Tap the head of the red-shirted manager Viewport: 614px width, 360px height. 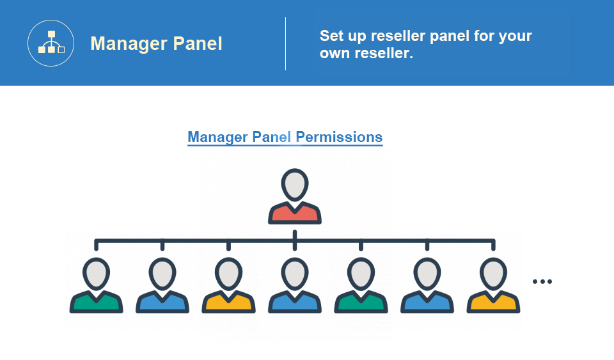(x=295, y=185)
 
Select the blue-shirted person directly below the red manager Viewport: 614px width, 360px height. (x=295, y=285)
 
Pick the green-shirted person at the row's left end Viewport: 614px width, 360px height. (x=97, y=285)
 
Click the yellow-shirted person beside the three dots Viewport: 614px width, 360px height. (x=493, y=285)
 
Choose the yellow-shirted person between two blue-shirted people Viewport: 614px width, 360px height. (x=229, y=285)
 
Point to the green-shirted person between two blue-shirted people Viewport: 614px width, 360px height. (x=361, y=285)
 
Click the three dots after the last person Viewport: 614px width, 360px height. (x=542, y=281)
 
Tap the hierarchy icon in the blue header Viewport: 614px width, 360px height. (x=51, y=43)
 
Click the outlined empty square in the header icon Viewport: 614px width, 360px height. (x=61, y=50)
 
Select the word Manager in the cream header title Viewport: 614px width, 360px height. (x=129, y=44)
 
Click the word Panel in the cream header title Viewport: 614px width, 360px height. (x=198, y=43)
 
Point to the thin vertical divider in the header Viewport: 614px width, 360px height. (x=285, y=44)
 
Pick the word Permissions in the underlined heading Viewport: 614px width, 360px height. (x=339, y=137)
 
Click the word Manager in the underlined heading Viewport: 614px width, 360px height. (x=217, y=137)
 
